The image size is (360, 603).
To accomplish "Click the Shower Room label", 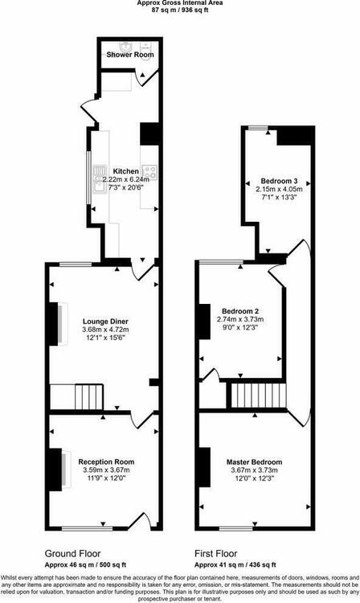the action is click(130, 55).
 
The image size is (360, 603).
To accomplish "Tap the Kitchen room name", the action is click(125, 171).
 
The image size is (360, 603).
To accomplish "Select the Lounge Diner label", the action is click(105, 322).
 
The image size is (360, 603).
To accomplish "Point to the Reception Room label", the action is click(106, 461).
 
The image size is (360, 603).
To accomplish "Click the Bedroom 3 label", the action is click(280, 181).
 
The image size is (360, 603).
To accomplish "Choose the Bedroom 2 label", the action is click(240, 311).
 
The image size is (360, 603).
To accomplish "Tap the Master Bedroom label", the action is click(255, 461).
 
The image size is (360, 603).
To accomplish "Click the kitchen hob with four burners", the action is click(149, 172).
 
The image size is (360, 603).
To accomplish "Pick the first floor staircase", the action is click(259, 395).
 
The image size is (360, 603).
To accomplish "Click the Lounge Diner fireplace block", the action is click(52, 324).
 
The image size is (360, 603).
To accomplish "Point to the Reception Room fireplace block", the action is click(55, 470).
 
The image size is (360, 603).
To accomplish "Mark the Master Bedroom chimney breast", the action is click(204, 468).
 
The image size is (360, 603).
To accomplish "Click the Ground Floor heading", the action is click(72, 554).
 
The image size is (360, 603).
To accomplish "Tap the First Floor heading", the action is click(216, 554).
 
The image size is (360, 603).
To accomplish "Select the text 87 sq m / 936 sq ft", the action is click(180, 10).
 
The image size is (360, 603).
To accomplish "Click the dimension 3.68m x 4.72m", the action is click(105, 330).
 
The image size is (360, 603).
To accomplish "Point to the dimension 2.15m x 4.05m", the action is click(280, 189).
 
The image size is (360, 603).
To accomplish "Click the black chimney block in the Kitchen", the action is click(149, 133).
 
